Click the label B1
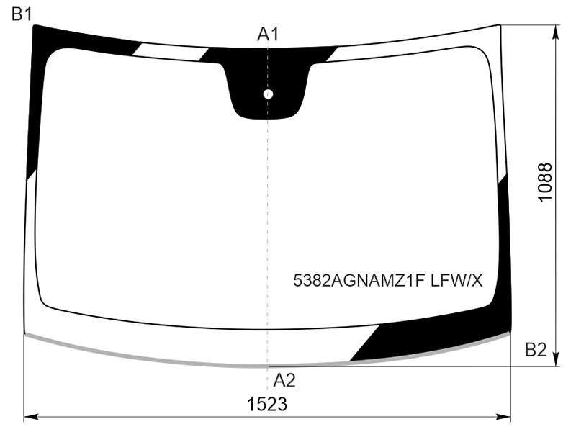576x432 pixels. pyautogui.click(x=22, y=14)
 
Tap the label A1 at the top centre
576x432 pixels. pyautogui.click(x=268, y=34)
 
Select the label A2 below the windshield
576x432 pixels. pyautogui.click(x=284, y=380)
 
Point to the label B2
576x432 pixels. pyautogui.click(x=536, y=350)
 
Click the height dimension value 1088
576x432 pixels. pyautogui.click(x=545, y=181)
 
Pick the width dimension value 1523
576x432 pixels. pyautogui.click(x=267, y=405)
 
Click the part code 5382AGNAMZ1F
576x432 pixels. pyautogui.click(x=359, y=281)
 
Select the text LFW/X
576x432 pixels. pyautogui.click(x=456, y=281)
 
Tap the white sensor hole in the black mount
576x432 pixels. pyautogui.click(x=268, y=94)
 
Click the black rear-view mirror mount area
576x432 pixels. pyautogui.click(x=268, y=84)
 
